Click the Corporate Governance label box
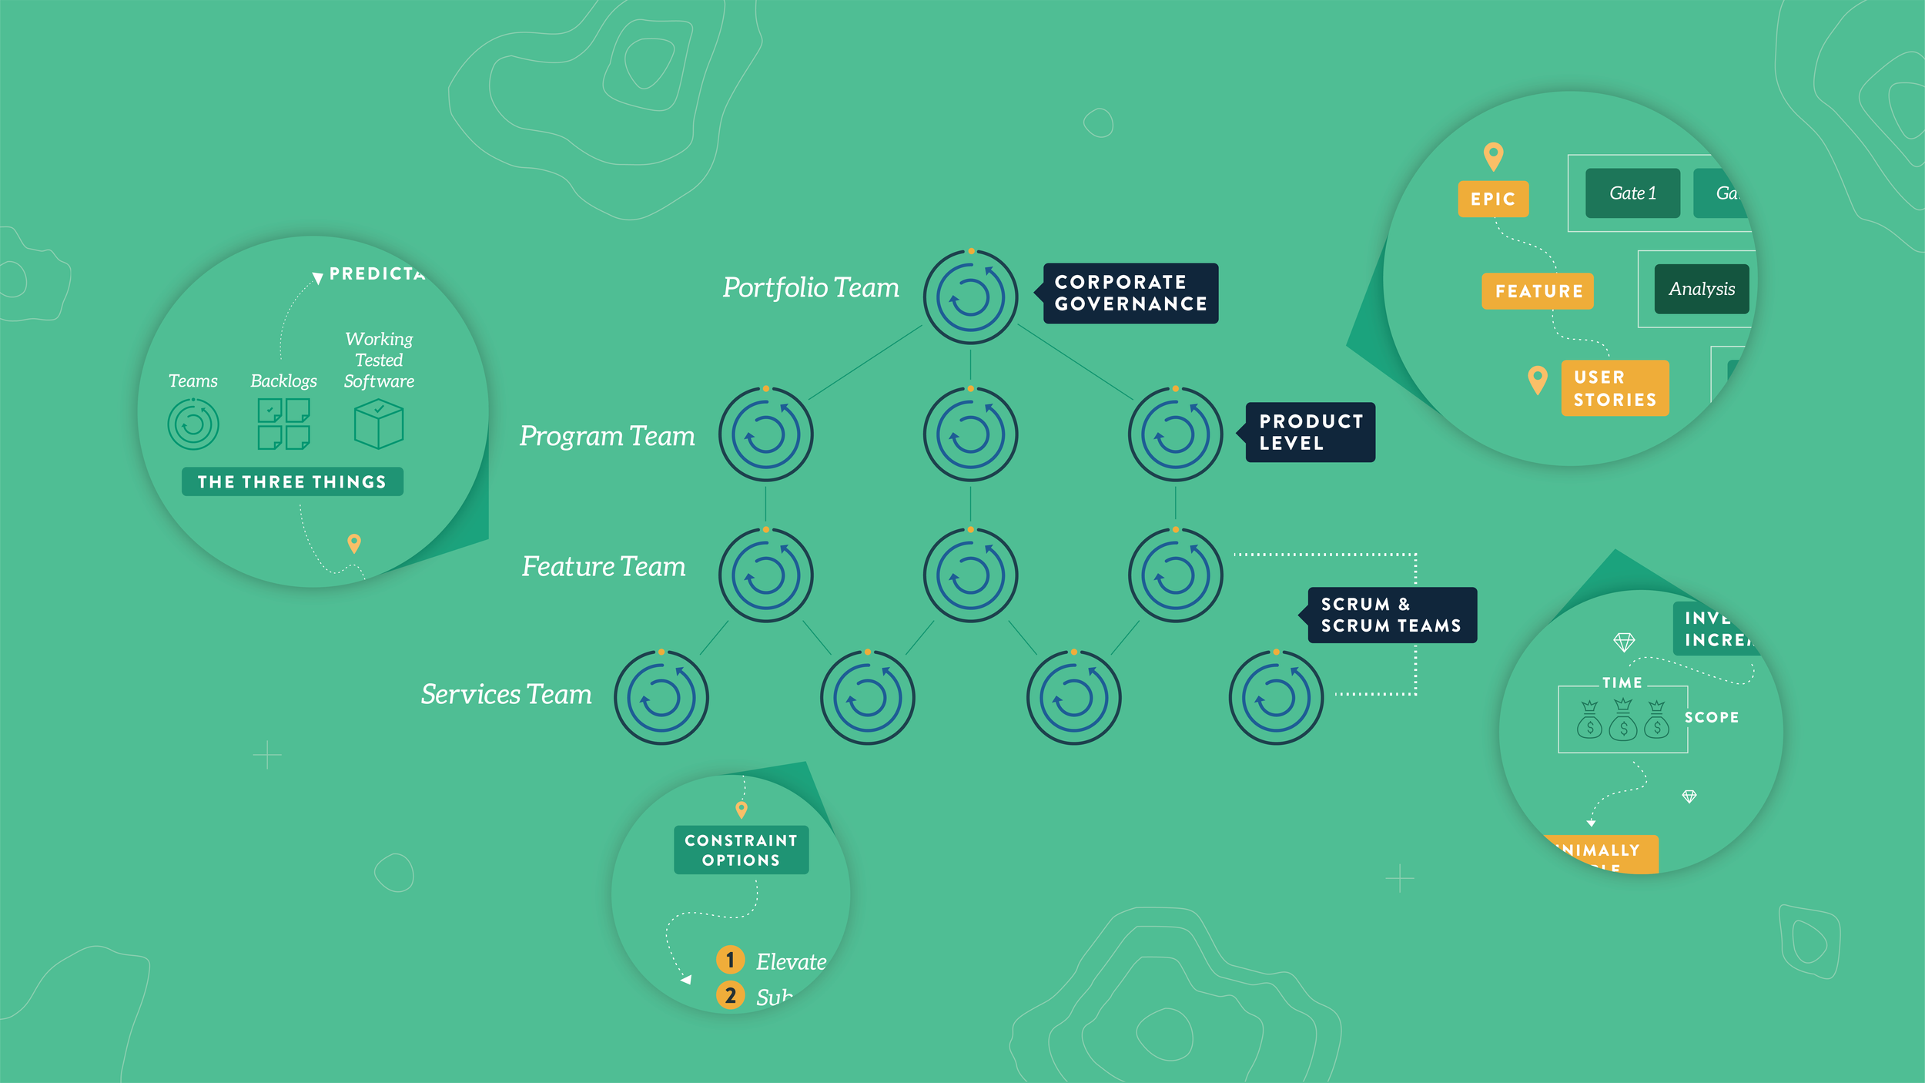pyautogui.click(x=1130, y=293)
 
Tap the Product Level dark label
pyautogui.click(x=1311, y=432)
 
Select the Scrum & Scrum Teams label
pyautogui.click(x=1391, y=615)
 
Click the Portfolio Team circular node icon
pyautogui.click(x=970, y=297)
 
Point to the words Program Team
pyautogui.click(x=607, y=436)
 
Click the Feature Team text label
pyautogui.click(x=603, y=566)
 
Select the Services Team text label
pyautogui.click(x=506, y=694)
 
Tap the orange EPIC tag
pyautogui.click(x=1492, y=199)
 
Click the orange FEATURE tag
pyautogui.click(x=1538, y=291)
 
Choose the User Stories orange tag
pyautogui.click(x=1615, y=388)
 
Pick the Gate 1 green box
pyautogui.click(x=1632, y=193)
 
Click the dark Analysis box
pyautogui.click(x=1701, y=289)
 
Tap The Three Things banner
pyautogui.click(x=292, y=481)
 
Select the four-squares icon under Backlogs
pyautogui.click(x=283, y=424)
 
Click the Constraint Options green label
pyautogui.click(x=741, y=850)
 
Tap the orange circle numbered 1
pyautogui.click(x=730, y=960)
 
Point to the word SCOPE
pyautogui.click(x=1711, y=717)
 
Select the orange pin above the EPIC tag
pyautogui.click(x=1493, y=156)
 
